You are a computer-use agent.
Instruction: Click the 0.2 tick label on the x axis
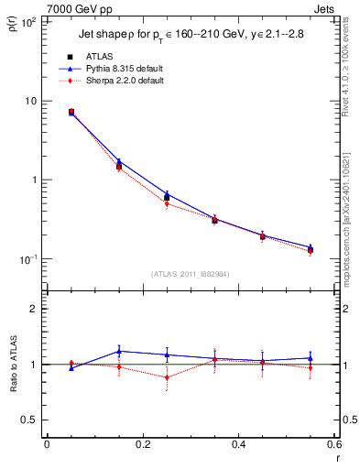click(x=142, y=444)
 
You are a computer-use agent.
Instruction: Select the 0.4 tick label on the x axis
click(x=238, y=444)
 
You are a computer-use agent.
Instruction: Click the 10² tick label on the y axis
click(x=27, y=21)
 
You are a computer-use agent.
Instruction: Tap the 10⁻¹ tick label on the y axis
click(x=27, y=259)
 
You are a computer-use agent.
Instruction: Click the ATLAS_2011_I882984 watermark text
click(x=191, y=273)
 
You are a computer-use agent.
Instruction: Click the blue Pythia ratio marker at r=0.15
click(x=119, y=351)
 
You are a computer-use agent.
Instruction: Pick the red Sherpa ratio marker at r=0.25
click(x=167, y=377)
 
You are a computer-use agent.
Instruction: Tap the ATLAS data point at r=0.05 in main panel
click(x=71, y=112)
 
